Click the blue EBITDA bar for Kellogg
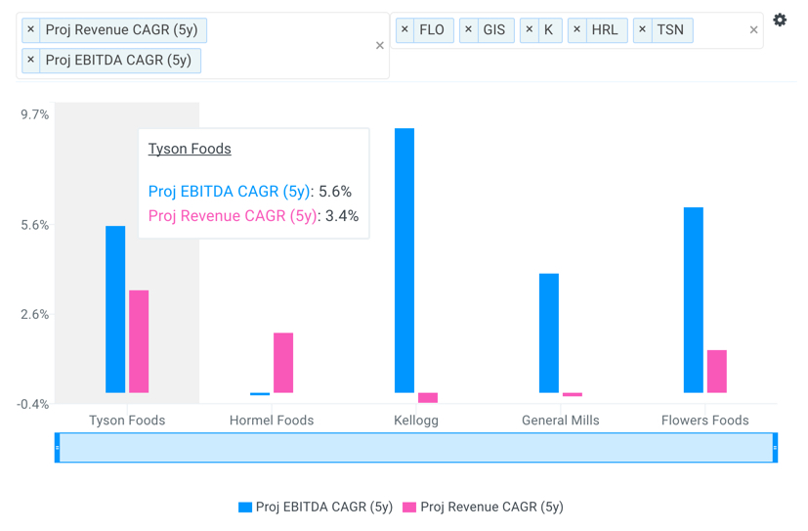(404, 260)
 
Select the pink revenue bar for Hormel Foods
(283, 363)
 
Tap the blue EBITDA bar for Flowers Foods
(694, 299)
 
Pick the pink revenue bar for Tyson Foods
(139, 341)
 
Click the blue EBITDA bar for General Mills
(549, 332)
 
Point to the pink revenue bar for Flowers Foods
(717, 372)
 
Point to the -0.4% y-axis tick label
(33, 404)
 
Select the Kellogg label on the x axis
(415, 420)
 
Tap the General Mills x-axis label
(560, 420)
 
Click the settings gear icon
(780, 21)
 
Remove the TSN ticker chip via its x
(642, 30)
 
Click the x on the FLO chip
(404, 30)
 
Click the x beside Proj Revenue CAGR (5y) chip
(31, 30)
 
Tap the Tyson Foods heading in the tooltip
(190, 149)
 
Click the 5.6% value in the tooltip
(335, 192)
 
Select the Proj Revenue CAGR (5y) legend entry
(491, 507)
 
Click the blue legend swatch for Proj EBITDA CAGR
(245, 507)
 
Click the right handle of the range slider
(775, 448)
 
